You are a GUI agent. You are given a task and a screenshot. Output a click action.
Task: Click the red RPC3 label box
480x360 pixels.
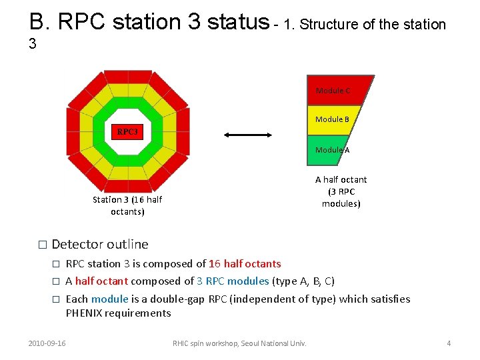pos(127,132)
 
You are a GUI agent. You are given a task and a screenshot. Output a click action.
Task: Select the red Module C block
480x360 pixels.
pos(337,91)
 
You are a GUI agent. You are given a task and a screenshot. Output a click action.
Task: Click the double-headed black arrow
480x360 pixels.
pos(248,135)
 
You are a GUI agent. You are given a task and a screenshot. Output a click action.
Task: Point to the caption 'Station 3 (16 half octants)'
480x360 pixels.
pos(127,205)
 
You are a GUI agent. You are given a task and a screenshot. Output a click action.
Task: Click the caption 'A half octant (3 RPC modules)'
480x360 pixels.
pos(341,191)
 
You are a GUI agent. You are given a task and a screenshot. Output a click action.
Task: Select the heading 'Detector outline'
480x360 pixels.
pos(100,245)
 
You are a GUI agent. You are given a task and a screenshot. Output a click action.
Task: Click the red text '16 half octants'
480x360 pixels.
pos(245,264)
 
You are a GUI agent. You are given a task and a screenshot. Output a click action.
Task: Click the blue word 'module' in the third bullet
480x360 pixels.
pos(109,299)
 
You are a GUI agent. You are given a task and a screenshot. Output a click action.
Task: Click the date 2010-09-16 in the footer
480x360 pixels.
pos(47,343)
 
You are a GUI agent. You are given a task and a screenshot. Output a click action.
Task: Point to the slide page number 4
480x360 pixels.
pos(449,343)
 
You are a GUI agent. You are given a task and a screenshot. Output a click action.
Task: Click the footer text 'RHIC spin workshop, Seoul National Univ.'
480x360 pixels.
pos(239,343)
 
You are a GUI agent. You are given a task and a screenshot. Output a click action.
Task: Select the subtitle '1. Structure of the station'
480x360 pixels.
pos(365,25)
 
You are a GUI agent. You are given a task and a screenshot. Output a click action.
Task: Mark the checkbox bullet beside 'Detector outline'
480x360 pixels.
pos(43,245)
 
